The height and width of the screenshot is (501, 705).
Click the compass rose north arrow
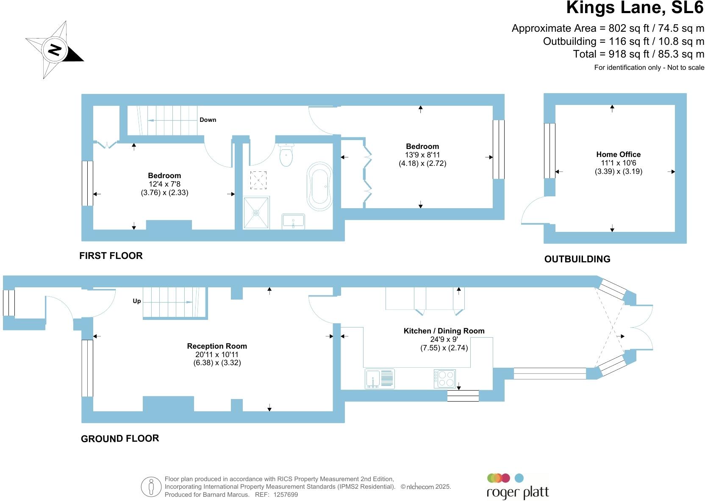click(x=55, y=50)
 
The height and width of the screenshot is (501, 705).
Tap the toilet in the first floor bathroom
click(x=286, y=155)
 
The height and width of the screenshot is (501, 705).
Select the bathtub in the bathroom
click(x=320, y=186)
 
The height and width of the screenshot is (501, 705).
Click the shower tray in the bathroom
click(x=256, y=213)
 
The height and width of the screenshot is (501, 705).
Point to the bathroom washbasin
click(x=293, y=221)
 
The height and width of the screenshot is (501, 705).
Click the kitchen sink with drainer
click(x=380, y=378)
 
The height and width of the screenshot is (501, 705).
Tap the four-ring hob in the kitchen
click(x=444, y=378)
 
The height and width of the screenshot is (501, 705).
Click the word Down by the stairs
click(x=208, y=120)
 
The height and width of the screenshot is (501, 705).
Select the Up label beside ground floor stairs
click(x=136, y=301)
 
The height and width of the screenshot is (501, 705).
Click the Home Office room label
click(x=618, y=154)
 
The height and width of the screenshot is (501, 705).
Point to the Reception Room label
click(x=217, y=346)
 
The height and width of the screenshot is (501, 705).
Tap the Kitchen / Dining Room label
click(x=444, y=331)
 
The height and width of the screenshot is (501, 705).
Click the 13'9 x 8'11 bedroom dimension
click(x=422, y=155)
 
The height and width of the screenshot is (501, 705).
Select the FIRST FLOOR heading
click(x=111, y=256)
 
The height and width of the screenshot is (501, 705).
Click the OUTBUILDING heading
click(x=577, y=259)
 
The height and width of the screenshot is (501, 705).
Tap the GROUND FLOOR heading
click(x=120, y=438)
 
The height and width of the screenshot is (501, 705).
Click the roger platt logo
click(x=517, y=487)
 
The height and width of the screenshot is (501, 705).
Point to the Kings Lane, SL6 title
click(x=634, y=8)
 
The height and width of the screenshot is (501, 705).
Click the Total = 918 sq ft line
click(x=638, y=54)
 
